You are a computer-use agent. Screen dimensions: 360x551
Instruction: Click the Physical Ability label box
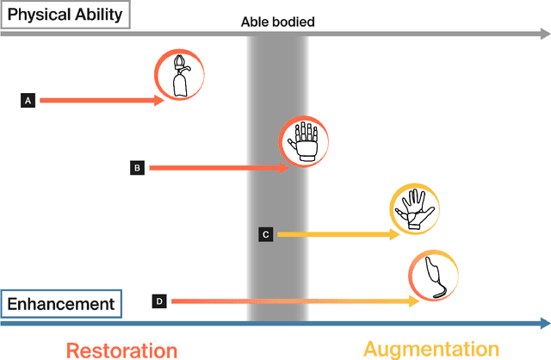65,15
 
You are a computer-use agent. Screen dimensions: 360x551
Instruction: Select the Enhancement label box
61,304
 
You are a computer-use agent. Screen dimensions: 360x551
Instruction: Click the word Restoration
121,349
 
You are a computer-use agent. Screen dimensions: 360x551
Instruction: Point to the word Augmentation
430,348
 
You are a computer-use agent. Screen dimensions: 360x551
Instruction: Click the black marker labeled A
28,101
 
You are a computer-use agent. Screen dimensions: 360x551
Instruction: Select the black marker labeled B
137,168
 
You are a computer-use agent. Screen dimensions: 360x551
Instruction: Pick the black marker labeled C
266,233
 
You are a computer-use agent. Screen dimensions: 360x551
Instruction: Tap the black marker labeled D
159,301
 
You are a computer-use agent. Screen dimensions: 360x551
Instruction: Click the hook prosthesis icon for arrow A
180,77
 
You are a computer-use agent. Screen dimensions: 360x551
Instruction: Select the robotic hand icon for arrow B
306,141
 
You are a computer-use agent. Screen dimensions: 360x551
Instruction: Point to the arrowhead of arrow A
159,101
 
